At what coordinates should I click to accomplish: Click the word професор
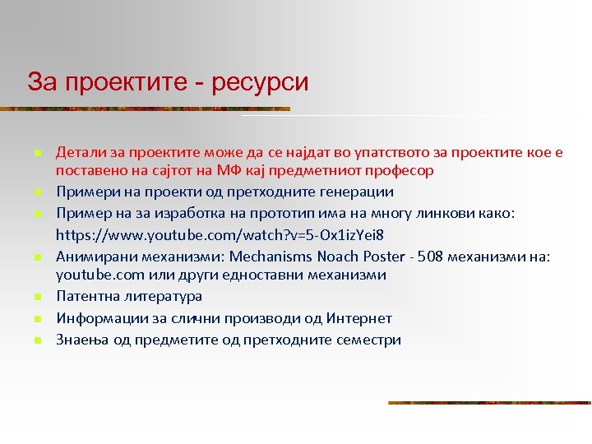[x=400, y=171]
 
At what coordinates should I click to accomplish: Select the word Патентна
[x=85, y=296]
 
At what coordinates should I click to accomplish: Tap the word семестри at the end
[x=368, y=339]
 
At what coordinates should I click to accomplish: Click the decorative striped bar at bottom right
[x=489, y=402]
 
